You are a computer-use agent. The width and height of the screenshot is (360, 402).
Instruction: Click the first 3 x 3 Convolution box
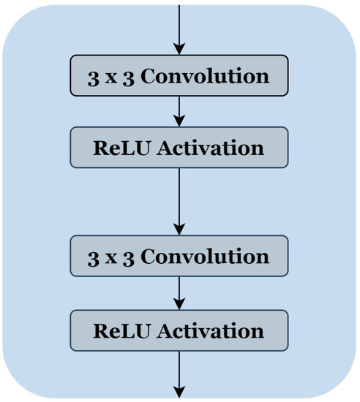179,77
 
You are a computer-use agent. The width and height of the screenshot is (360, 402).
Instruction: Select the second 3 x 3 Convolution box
179,257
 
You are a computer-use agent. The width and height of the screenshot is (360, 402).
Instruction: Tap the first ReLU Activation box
179,148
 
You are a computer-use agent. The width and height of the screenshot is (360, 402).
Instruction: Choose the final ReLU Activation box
179,330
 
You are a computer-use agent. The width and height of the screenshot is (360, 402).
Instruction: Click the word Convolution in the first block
205,77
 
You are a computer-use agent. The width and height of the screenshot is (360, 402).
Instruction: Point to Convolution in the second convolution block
205,257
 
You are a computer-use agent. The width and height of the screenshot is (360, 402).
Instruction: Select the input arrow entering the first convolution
179,26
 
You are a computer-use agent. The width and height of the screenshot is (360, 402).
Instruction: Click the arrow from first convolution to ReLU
179,111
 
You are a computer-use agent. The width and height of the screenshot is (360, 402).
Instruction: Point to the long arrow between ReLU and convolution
179,197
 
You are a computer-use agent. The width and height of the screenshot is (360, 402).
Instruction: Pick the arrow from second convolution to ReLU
179,292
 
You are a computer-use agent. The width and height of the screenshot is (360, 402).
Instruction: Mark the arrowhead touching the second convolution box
179,230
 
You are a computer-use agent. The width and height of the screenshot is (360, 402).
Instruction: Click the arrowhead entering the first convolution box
179,49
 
